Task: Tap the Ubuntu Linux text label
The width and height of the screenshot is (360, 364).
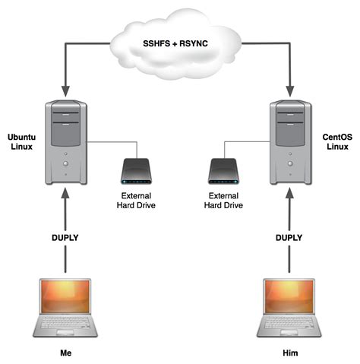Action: click(x=22, y=141)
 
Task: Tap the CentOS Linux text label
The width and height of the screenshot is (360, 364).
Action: click(x=336, y=141)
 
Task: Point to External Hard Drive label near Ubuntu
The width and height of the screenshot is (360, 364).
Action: click(x=137, y=200)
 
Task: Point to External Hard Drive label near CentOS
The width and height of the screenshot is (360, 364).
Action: click(x=225, y=200)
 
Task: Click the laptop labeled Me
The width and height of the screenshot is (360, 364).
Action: click(x=67, y=308)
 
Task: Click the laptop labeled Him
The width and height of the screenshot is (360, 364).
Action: click(x=291, y=308)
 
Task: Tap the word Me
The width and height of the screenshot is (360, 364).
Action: click(x=67, y=353)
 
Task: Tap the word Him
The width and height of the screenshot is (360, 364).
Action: click(x=291, y=353)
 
